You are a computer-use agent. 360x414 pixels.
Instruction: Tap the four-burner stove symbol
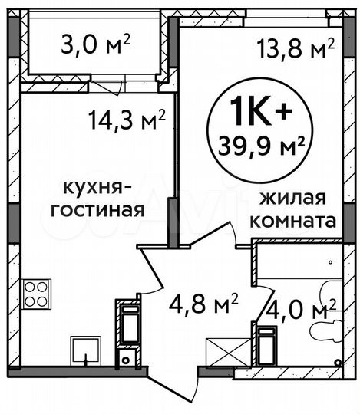(x=36, y=293)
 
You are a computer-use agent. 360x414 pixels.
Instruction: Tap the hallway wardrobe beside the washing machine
(x=128, y=323)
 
